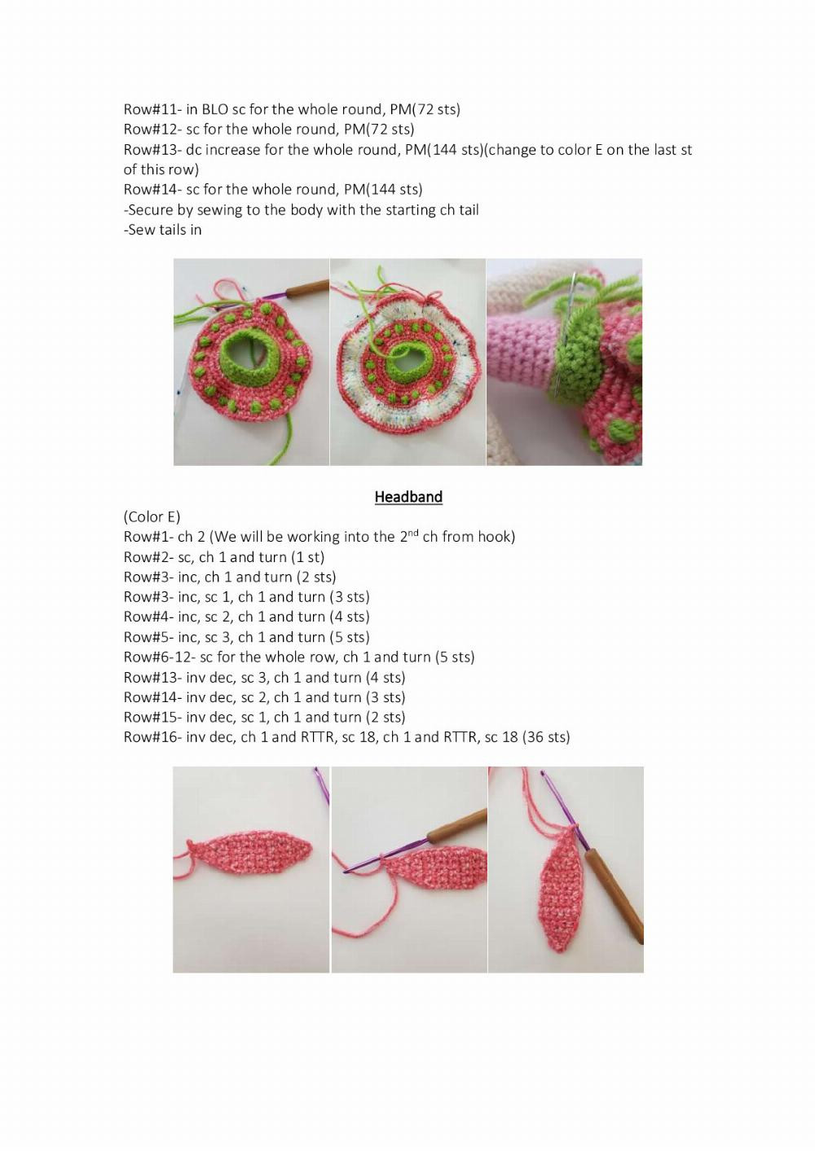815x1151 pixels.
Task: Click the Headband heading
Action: coord(408,497)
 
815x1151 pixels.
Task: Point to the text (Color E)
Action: coord(152,517)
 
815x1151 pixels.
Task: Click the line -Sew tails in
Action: coord(163,230)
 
